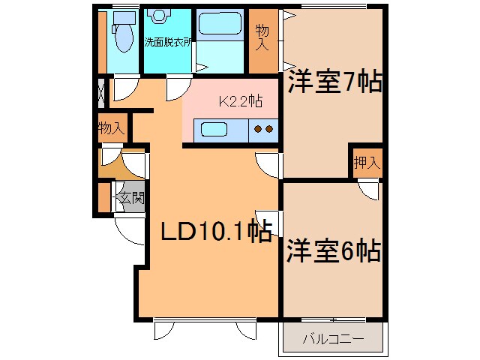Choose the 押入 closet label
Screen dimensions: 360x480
(x=367, y=162)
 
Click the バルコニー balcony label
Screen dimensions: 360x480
(x=333, y=339)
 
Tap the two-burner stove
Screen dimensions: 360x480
(x=264, y=130)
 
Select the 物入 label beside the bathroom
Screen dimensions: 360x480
(x=262, y=37)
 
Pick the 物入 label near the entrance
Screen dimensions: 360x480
(x=111, y=129)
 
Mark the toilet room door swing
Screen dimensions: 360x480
(x=124, y=90)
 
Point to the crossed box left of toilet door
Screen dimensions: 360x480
(x=101, y=94)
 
